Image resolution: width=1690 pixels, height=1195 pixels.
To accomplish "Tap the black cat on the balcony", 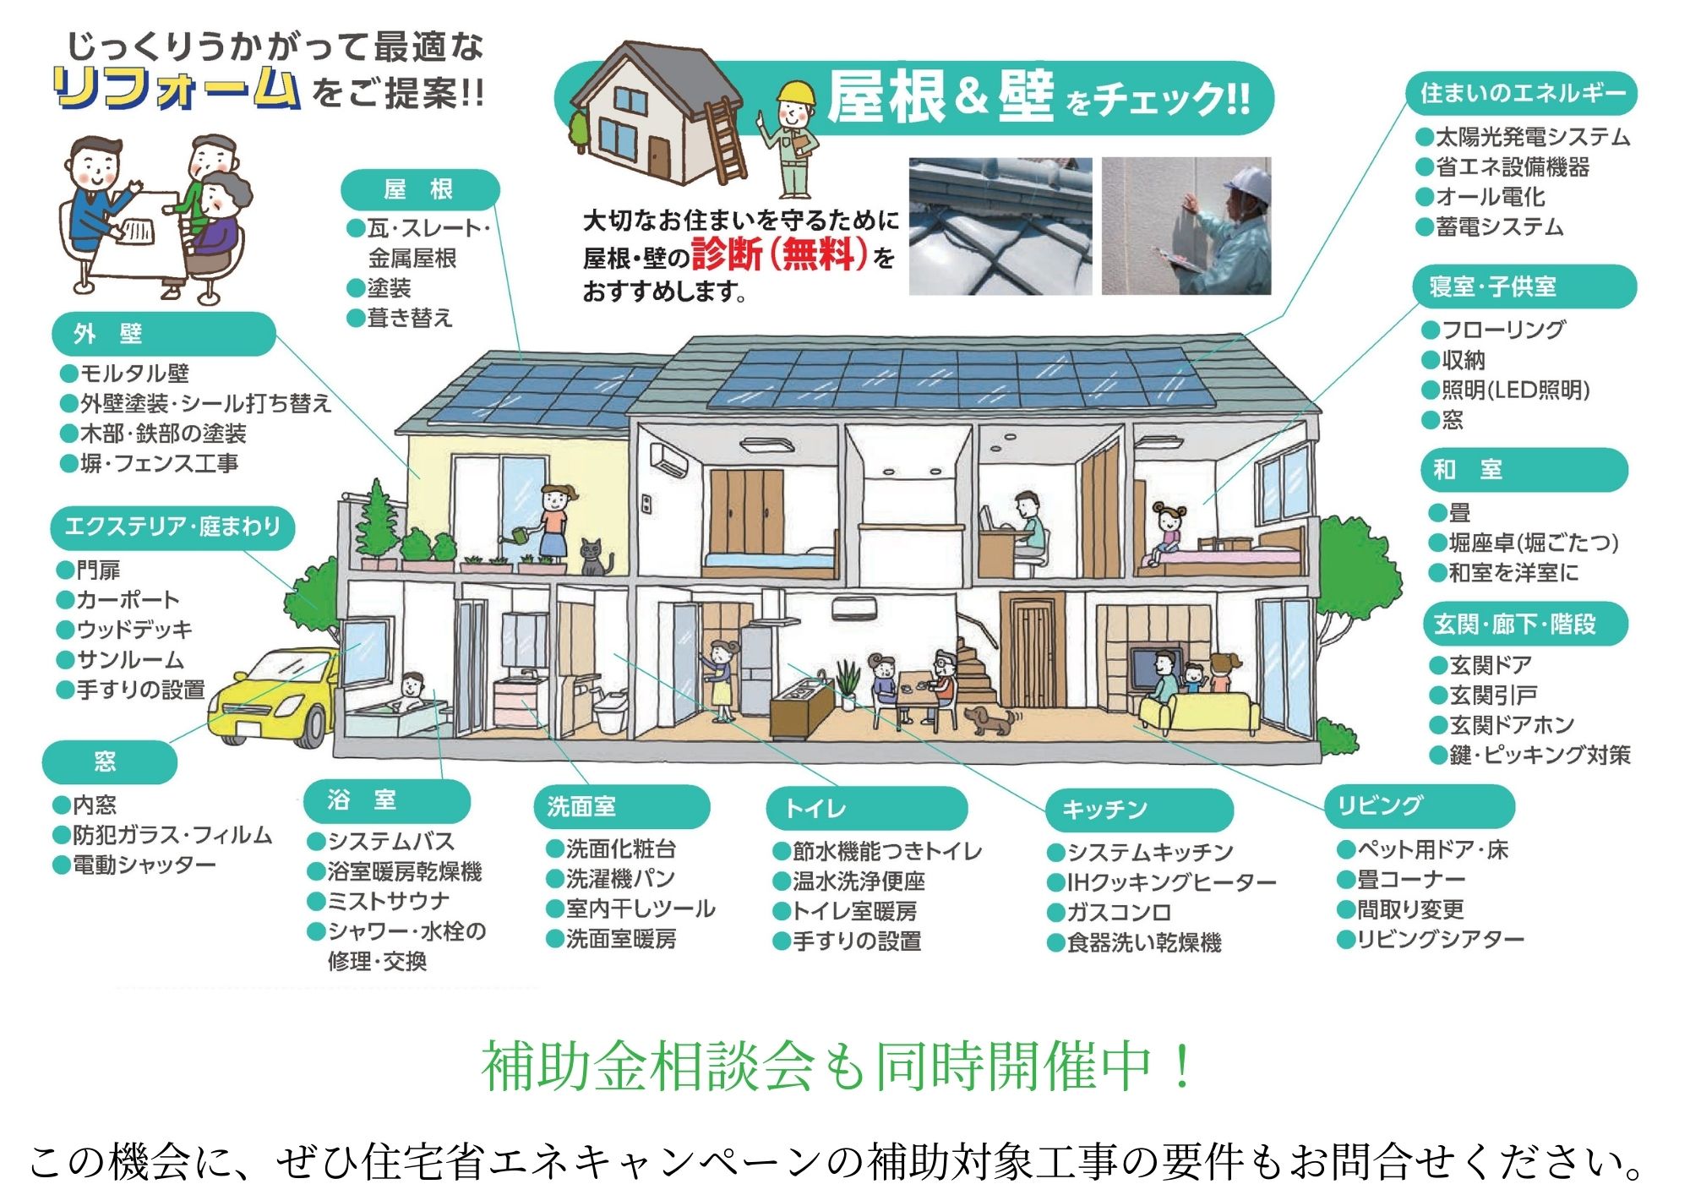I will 595,558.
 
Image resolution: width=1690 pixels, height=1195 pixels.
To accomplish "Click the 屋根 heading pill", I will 419,189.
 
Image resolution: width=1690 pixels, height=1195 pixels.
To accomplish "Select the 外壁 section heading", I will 163,334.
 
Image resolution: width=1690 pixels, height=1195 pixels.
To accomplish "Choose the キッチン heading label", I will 1138,810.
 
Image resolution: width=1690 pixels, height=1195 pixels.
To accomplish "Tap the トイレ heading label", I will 865,809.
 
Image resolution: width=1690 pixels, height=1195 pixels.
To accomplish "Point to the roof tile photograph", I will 1000,226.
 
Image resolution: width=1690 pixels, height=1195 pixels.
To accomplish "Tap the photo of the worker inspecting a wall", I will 1186,226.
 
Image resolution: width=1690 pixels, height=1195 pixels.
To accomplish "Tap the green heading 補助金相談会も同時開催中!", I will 837,1066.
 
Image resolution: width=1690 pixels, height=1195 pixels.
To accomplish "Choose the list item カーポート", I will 128,600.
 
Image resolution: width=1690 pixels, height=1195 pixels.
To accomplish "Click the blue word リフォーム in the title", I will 176,90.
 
